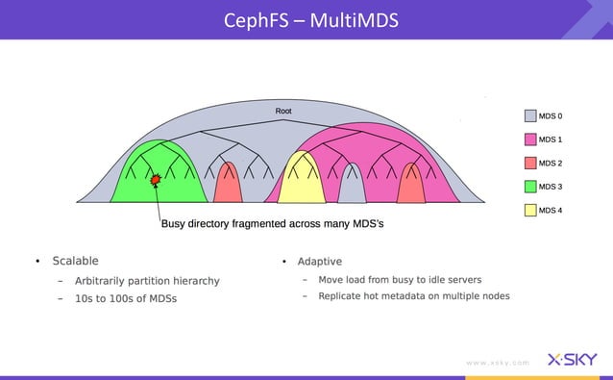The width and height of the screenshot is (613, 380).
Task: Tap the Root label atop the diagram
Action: pos(283,112)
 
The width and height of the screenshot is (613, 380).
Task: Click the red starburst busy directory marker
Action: pos(156,179)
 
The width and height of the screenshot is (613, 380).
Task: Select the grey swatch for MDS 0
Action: pos(529,116)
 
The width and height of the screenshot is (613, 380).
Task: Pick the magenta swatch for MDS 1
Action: pos(529,139)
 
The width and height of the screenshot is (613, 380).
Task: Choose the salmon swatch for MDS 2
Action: pos(529,164)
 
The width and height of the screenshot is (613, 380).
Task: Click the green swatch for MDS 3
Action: pos(529,187)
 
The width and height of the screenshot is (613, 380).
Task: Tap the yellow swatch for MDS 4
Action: pos(529,210)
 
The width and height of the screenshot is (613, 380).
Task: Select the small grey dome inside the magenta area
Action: pos(353,188)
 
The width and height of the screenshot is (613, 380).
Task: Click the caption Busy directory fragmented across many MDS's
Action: pos(272,224)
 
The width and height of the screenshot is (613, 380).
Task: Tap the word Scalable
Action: pos(75,261)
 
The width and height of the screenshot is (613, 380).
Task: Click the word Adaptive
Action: pos(319,262)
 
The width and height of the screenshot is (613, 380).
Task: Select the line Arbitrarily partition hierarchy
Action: pos(147,281)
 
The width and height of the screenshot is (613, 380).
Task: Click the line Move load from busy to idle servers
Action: pos(400,280)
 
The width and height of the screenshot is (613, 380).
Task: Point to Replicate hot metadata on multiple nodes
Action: pos(414,296)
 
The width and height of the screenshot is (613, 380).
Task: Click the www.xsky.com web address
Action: pos(497,363)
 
